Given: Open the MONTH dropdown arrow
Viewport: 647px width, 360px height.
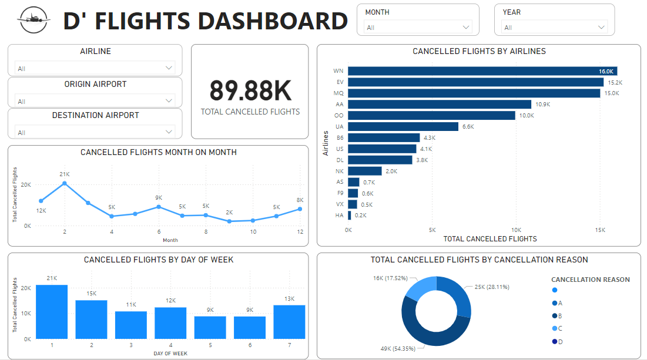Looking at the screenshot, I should coord(466,27).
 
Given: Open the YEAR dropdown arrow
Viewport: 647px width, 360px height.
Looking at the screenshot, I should coord(602,27).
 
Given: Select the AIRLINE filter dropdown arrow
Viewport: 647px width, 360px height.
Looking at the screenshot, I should coord(169,68).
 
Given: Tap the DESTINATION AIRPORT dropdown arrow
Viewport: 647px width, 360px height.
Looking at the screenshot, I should coord(169,132).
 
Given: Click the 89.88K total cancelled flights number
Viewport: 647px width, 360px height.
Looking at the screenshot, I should coord(250,90).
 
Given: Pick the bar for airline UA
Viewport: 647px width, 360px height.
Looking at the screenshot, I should coord(403,126).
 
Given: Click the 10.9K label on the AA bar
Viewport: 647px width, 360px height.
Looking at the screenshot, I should coord(543,105).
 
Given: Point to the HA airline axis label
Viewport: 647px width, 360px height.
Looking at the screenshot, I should coord(340,216).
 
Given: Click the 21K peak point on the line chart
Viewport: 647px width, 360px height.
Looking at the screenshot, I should coord(65,183).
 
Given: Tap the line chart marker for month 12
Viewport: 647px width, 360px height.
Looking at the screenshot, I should coord(300,209).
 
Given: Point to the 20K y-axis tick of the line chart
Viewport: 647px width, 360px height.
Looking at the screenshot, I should coord(26,184).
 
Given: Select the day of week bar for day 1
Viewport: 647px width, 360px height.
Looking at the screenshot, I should coord(52,312).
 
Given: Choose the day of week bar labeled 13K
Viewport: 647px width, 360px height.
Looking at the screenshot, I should coord(289,322).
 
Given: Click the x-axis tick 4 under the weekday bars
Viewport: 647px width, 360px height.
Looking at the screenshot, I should coord(170,345).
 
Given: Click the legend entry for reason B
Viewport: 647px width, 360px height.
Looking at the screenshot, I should coord(561,316).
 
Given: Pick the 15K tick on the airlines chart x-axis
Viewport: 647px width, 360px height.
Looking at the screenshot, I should coord(599,230).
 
